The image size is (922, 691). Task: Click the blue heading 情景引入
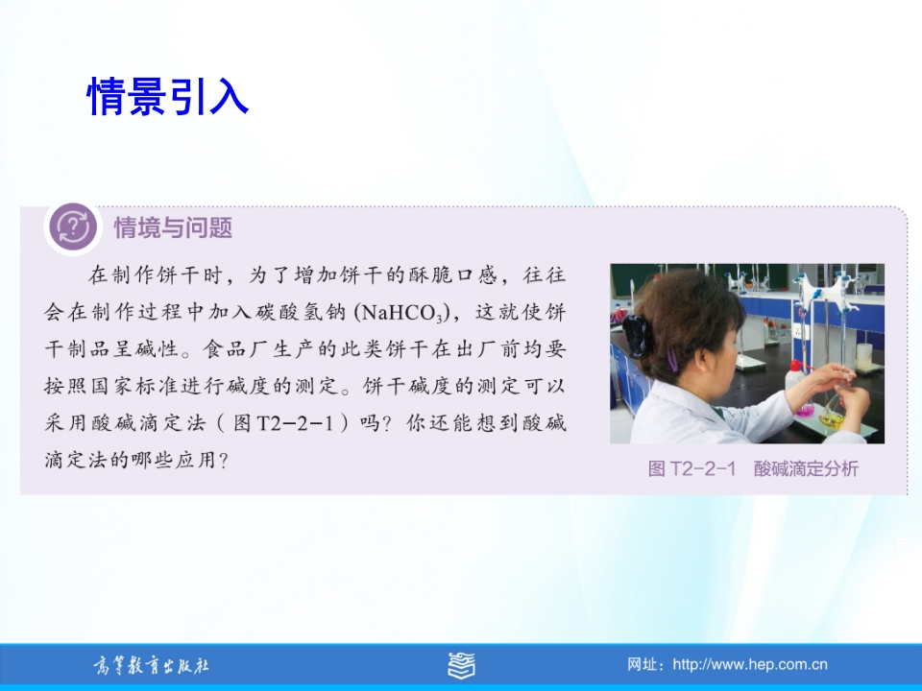point(168,96)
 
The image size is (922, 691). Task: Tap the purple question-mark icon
point(73,226)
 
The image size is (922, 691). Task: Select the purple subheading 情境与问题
point(173,227)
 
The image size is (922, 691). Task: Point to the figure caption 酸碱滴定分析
point(806,468)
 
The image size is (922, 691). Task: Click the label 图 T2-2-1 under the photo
point(691,468)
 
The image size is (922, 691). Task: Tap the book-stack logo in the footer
point(462,665)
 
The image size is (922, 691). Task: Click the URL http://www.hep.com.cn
point(750,664)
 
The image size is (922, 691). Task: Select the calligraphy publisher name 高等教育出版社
point(151,665)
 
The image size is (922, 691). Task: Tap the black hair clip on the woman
point(636,336)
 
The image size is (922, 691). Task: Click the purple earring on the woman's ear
point(672,359)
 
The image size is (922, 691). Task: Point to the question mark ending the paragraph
point(223,460)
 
